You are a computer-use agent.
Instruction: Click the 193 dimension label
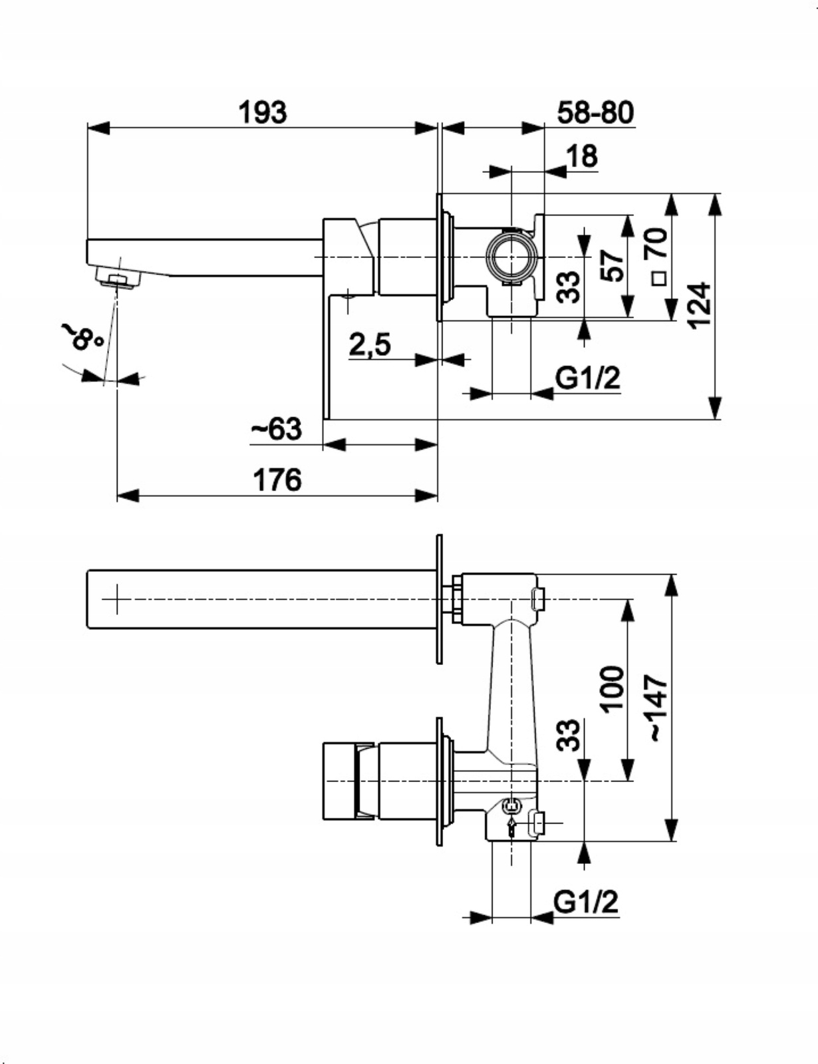coord(263,112)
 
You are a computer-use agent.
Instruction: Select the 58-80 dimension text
coord(595,112)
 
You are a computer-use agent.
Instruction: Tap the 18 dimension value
coord(582,157)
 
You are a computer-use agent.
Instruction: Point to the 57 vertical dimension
coord(613,265)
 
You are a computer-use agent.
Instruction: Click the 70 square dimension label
coord(656,243)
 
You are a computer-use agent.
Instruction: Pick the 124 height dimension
coord(698,305)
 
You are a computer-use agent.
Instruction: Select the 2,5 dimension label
coord(370,344)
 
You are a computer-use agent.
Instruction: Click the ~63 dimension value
coord(276,429)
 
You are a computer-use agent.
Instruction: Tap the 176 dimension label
coord(277,479)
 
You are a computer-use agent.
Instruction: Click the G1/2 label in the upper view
coord(587,378)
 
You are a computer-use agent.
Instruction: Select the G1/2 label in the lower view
coord(586,902)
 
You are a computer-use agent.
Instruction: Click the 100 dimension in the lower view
coord(613,689)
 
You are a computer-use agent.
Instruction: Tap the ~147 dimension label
coord(656,708)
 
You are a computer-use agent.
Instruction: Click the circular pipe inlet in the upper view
coord(511,256)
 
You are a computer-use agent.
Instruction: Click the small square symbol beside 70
coord(658,278)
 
